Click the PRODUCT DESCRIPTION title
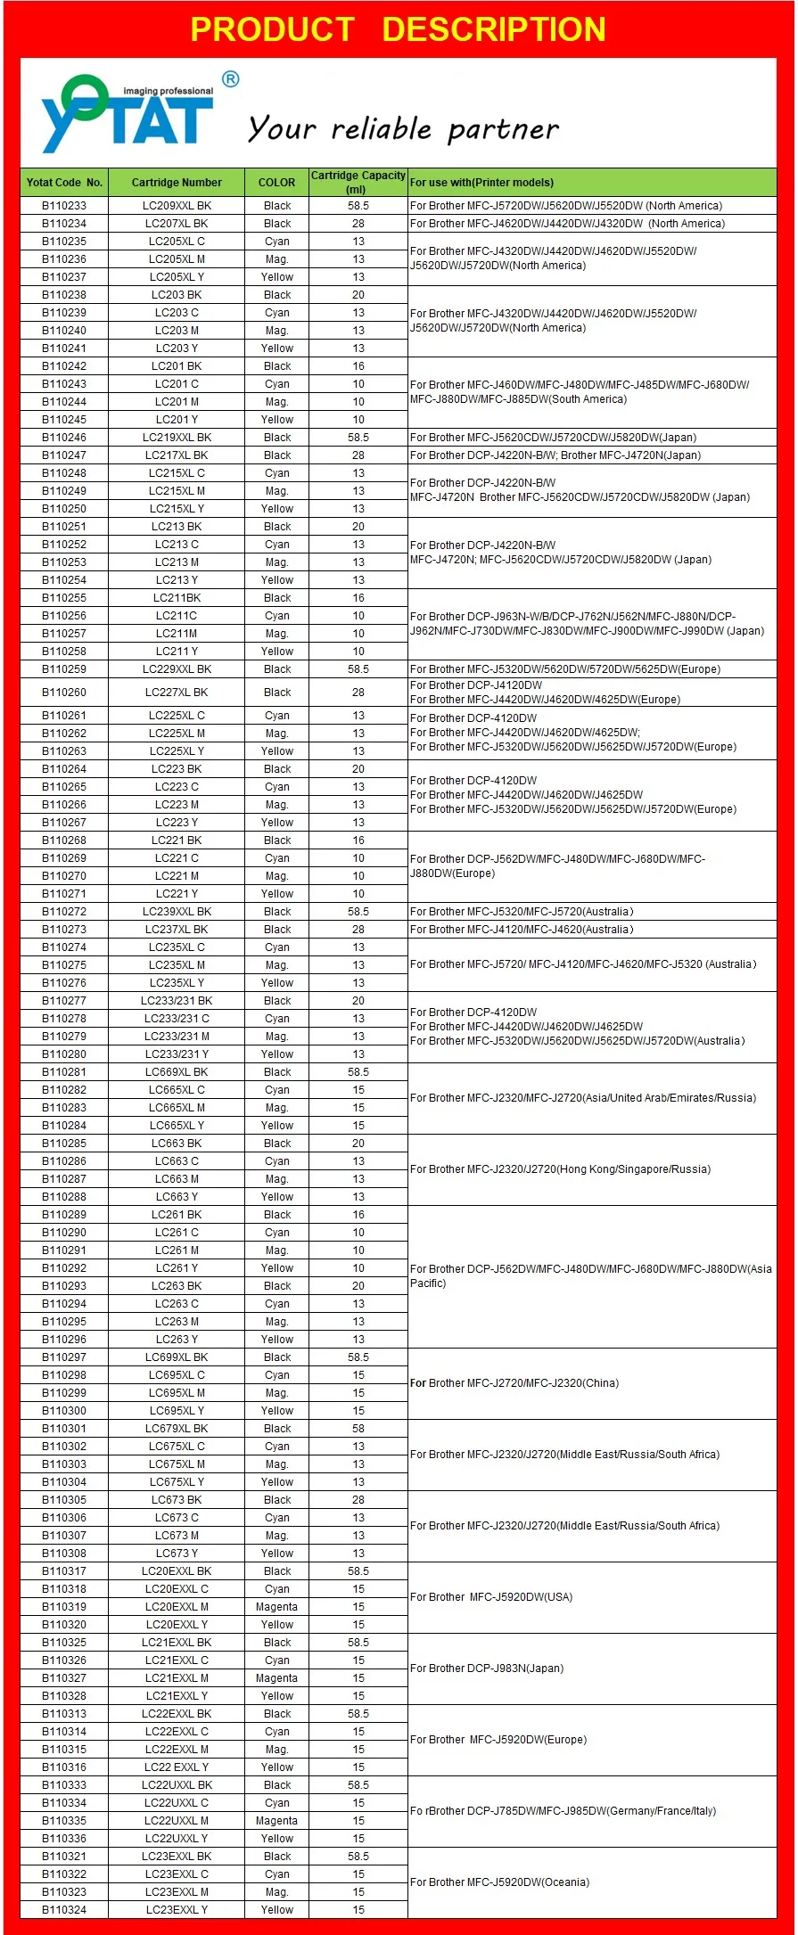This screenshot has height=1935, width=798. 398,29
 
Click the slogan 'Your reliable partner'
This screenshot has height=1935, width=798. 403,129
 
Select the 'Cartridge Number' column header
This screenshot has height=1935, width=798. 177,183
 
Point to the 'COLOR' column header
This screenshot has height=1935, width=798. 276,183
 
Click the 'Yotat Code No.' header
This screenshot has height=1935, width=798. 64,183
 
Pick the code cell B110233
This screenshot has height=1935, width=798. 64,206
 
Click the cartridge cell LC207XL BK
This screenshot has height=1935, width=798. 177,224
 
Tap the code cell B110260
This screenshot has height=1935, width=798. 64,693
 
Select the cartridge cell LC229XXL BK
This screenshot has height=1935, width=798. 177,669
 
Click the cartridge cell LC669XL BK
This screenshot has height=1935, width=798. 177,1072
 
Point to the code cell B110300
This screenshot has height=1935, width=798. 64,1411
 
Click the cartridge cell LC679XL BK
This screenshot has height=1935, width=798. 177,1429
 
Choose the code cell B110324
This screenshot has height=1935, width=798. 64,1910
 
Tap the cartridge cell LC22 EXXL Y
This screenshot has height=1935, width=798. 177,1767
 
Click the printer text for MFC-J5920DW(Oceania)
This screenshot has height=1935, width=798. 499,1882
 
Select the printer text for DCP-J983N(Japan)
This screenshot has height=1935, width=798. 487,1669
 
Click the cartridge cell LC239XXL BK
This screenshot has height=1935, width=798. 177,912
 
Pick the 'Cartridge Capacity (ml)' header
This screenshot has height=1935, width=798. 358,182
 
